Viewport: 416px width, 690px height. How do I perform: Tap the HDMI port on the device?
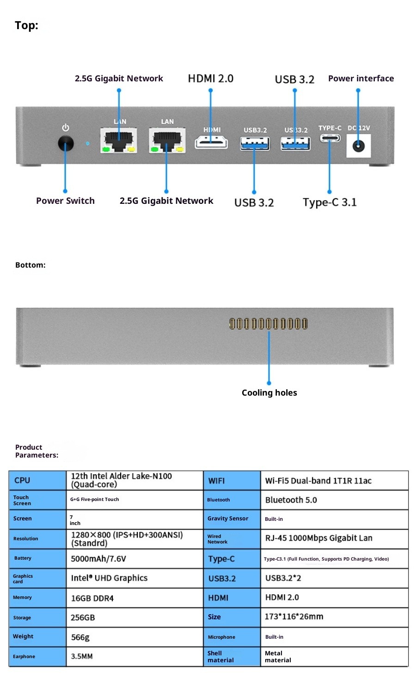click(x=211, y=142)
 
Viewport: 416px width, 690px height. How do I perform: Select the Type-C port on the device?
click(x=330, y=138)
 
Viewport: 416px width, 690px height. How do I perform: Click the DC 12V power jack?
click(x=359, y=147)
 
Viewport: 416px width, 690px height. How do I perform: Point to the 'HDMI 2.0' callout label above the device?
click(x=210, y=79)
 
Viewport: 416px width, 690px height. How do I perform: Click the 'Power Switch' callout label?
click(x=65, y=201)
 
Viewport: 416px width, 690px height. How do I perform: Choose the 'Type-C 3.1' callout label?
click(x=330, y=202)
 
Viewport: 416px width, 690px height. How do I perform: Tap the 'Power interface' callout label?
click(x=361, y=79)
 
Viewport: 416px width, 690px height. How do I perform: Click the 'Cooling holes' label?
click(x=269, y=392)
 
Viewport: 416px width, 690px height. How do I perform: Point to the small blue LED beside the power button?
click(x=88, y=143)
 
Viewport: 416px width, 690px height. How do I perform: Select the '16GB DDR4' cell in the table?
click(x=92, y=598)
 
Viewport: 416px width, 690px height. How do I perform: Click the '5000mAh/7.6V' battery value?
click(x=98, y=559)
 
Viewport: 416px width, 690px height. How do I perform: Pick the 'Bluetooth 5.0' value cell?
click(x=291, y=500)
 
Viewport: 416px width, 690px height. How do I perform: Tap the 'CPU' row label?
click(x=22, y=480)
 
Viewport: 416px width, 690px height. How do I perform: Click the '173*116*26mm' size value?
click(x=294, y=617)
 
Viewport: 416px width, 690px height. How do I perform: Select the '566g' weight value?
click(x=80, y=637)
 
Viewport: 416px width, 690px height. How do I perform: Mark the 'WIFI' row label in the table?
click(x=216, y=481)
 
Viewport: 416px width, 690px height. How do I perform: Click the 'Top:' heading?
click(x=26, y=25)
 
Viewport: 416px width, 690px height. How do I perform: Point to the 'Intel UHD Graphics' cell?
click(x=109, y=578)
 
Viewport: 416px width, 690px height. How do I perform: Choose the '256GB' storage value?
click(x=83, y=617)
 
